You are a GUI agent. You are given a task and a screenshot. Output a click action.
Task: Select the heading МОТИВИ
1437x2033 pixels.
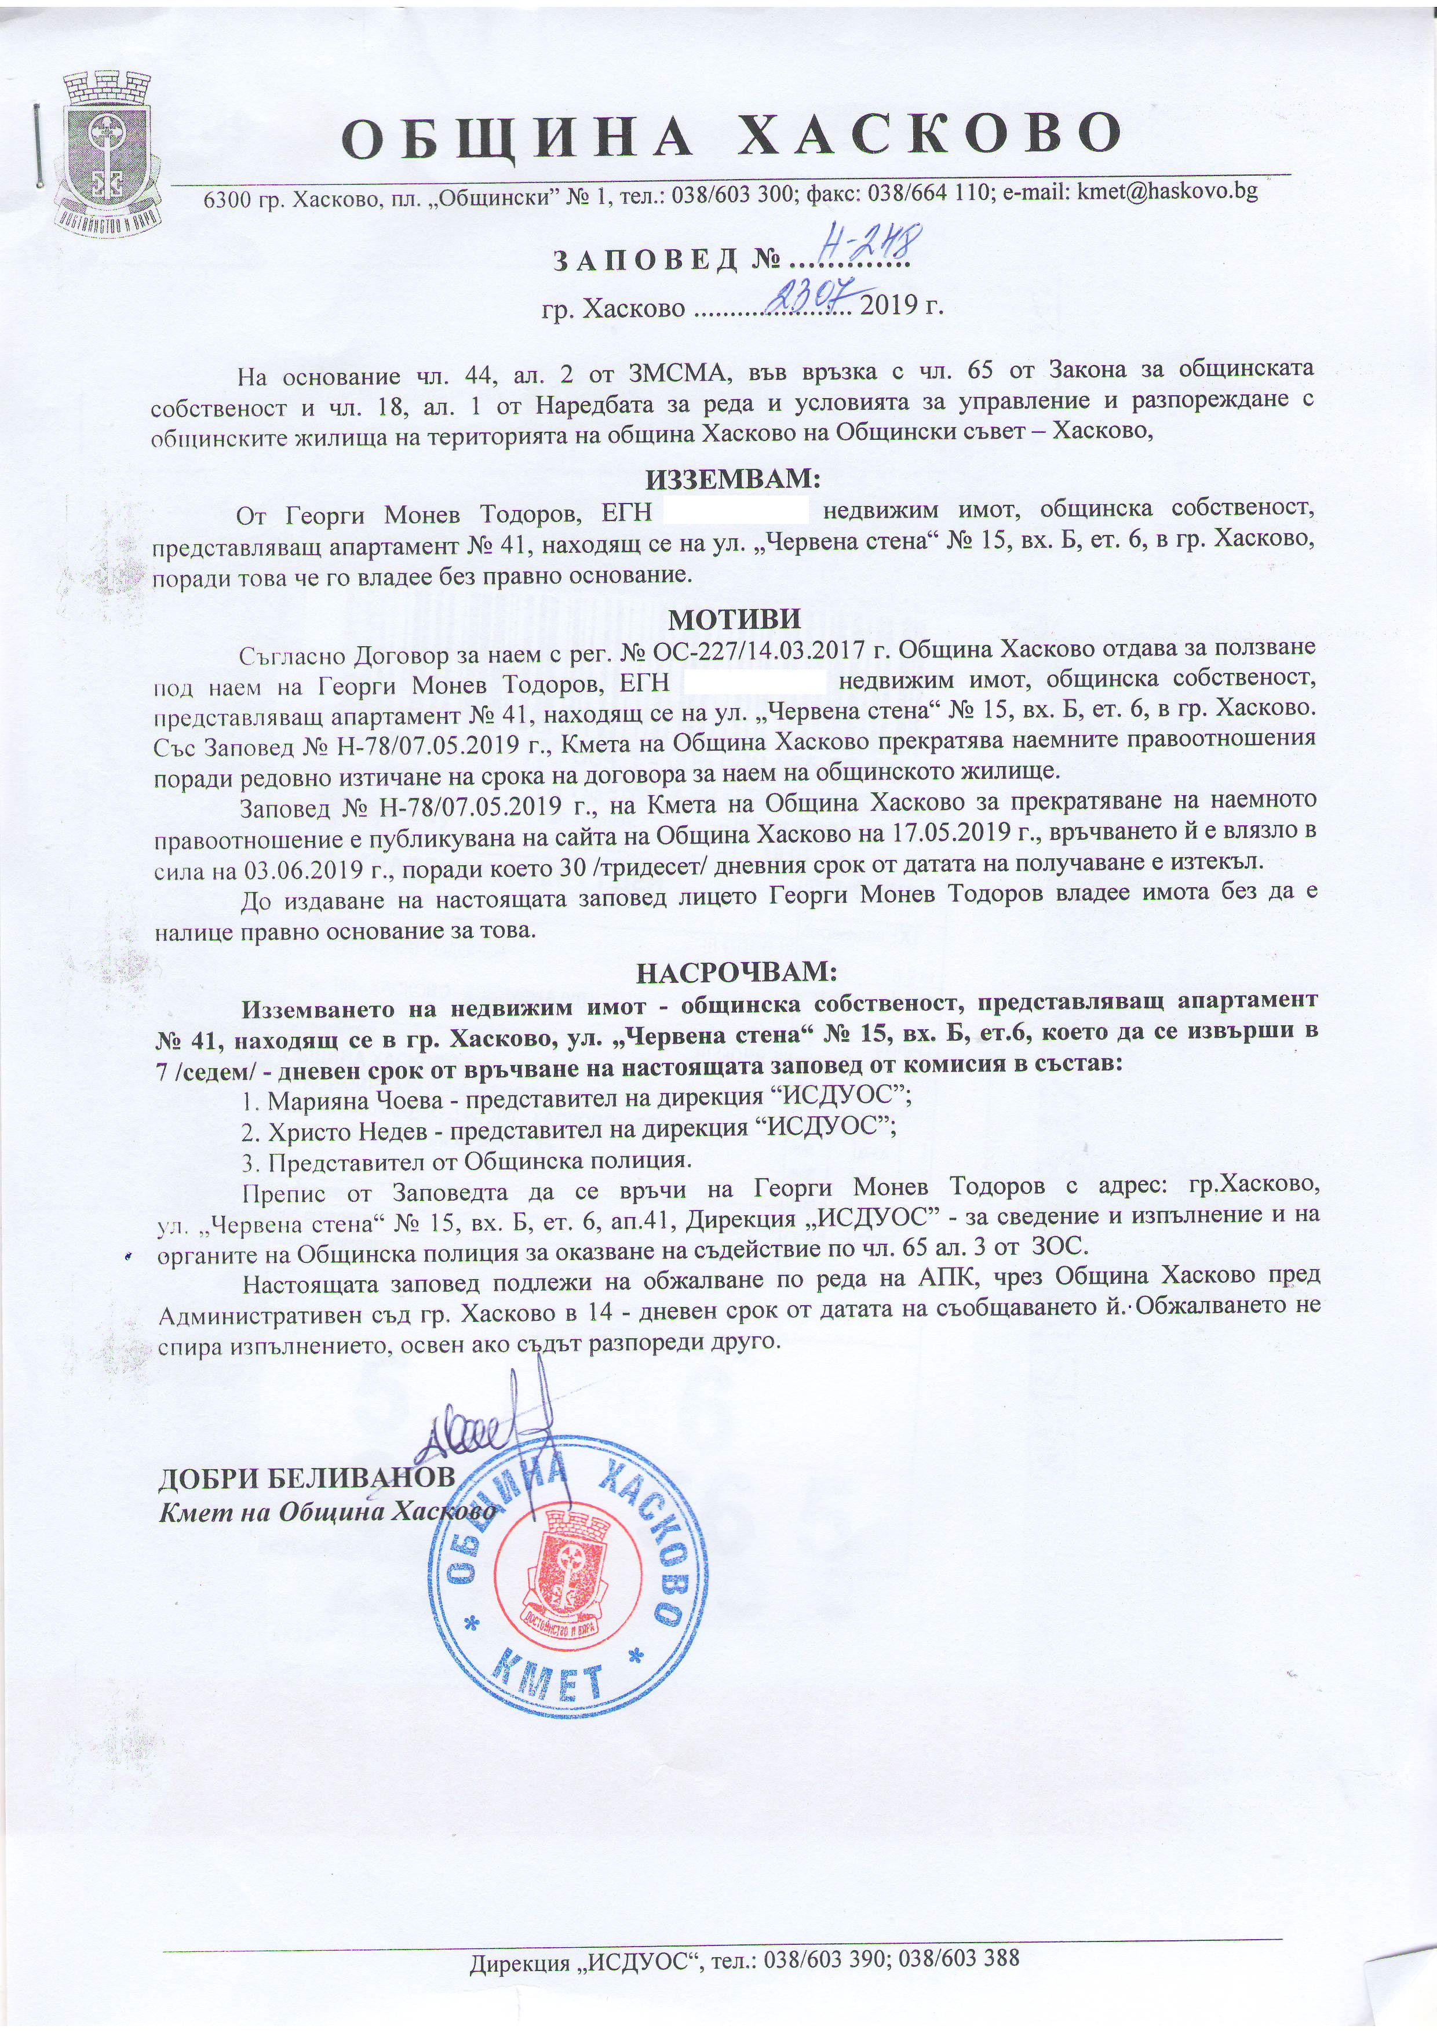(734, 617)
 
